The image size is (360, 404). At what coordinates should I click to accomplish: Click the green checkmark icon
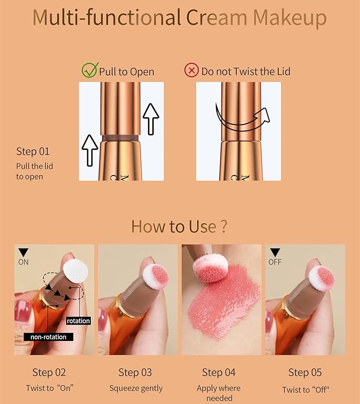[89, 70]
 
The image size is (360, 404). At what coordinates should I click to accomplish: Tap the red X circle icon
[191, 71]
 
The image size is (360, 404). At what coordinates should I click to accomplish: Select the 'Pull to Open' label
[126, 71]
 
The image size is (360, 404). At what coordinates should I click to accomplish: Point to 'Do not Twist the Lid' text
[245, 71]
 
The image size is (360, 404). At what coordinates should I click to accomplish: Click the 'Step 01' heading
[33, 152]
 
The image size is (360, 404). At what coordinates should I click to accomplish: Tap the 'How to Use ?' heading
[179, 226]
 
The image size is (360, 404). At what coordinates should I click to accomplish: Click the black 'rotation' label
[78, 321]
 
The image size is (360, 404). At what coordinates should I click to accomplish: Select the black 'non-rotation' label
[48, 337]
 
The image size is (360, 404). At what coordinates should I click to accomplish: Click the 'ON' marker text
[23, 262]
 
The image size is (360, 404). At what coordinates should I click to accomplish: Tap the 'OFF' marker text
[275, 262]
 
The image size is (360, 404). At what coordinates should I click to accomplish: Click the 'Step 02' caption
[49, 372]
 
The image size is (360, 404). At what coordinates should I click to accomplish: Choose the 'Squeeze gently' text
[136, 388]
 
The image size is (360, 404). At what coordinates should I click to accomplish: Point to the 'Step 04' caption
[218, 372]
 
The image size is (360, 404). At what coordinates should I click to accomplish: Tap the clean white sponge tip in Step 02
[74, 270]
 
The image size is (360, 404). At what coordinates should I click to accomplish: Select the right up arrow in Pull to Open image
[151, 118]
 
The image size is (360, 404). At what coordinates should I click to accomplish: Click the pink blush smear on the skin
[223, 308]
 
